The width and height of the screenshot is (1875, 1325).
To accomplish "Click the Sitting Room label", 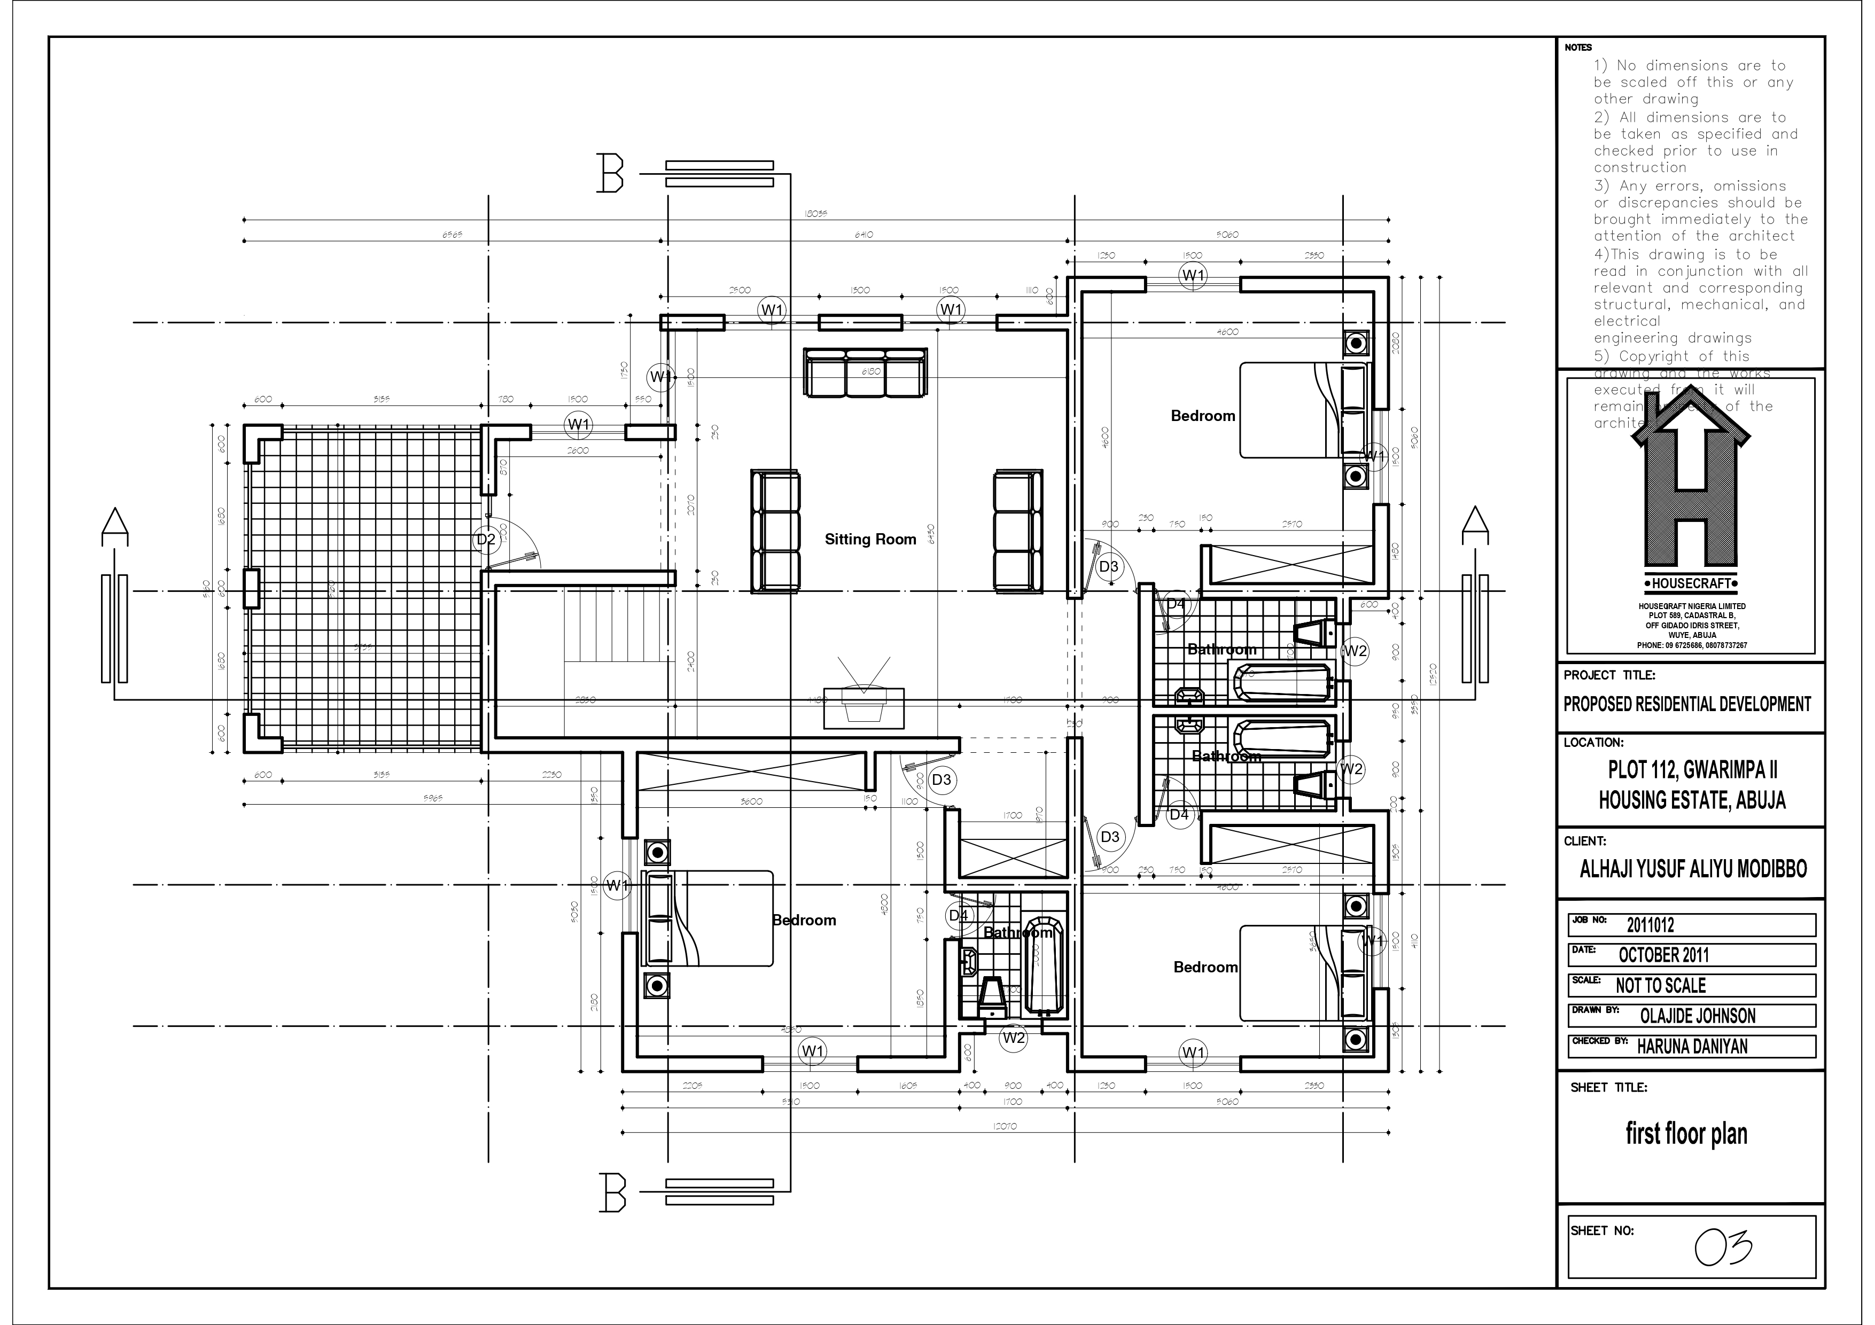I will (x=870, y=540).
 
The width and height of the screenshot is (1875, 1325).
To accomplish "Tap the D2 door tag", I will (x=486, y=540).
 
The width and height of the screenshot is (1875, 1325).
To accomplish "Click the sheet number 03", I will (x=1723, y=1246).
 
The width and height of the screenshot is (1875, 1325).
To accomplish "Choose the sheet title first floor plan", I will (x=1685, y=1134).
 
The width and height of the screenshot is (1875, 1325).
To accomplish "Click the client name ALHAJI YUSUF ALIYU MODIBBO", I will (x=1693, y=869).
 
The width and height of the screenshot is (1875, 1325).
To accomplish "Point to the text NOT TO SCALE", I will (x=1660, y=985).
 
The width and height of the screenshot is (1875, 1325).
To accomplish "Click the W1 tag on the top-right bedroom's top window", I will (x=1193, y=276).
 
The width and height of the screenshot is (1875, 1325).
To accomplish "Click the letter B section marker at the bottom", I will (x=612, y=1192).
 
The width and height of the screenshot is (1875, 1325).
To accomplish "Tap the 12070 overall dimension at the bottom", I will (x=1005, y=1127).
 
